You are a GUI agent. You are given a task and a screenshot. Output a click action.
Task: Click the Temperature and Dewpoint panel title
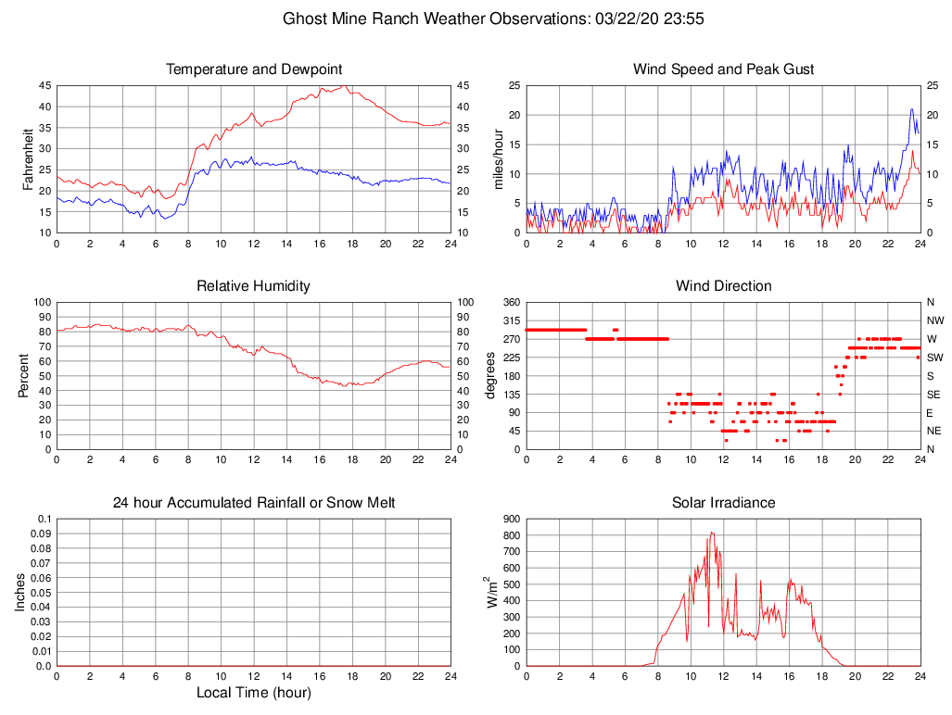pos(254,69)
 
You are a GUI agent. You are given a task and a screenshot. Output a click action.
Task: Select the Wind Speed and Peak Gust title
pos(724,69)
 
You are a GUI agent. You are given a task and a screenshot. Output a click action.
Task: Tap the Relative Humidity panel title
pos(254,286)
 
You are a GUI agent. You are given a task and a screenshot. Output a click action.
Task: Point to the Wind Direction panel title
pos(724,286)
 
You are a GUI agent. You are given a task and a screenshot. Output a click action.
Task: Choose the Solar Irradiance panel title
pos(724,503)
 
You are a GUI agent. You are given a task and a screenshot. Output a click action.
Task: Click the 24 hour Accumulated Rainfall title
pos(254,503)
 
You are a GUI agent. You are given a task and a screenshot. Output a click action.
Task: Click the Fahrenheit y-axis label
pos(28,158)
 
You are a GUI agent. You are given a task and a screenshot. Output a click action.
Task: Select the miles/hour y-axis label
pos(498,158)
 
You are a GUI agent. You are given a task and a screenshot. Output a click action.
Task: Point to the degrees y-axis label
pos(490,375)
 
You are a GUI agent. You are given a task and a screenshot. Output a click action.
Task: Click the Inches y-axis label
pos(20,592)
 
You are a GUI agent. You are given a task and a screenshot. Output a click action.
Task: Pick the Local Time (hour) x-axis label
pos(254,693)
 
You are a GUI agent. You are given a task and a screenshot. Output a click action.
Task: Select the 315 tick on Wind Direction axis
pos(511,320)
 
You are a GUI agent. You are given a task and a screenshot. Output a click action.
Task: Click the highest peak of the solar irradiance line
pos(711,533)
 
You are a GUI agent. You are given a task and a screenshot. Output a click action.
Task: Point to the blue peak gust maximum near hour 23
pos(912,109)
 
